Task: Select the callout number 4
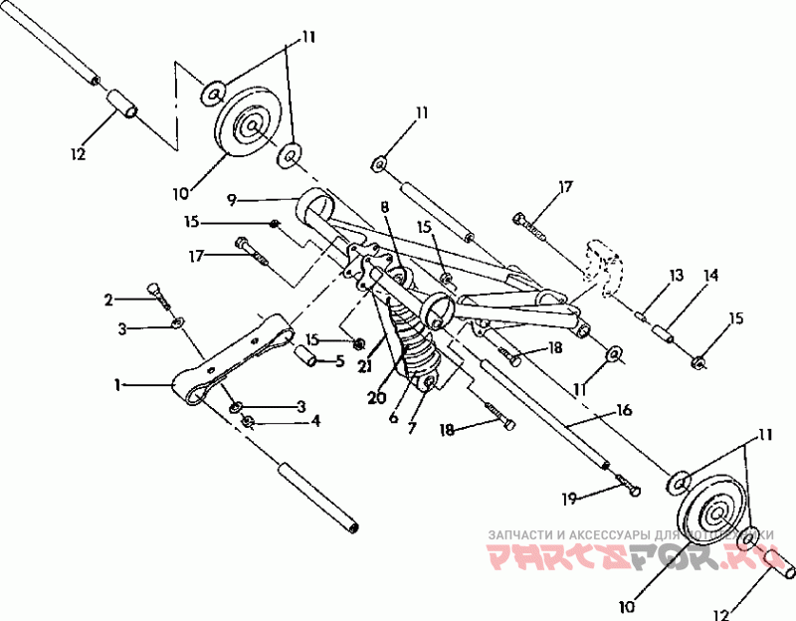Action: [x=315, y=421]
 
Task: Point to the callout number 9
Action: [x=231, y=200]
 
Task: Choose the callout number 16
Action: [x=624, y=409]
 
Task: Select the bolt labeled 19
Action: [x=627, y=486]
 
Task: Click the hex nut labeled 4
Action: [x=248, y=422]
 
